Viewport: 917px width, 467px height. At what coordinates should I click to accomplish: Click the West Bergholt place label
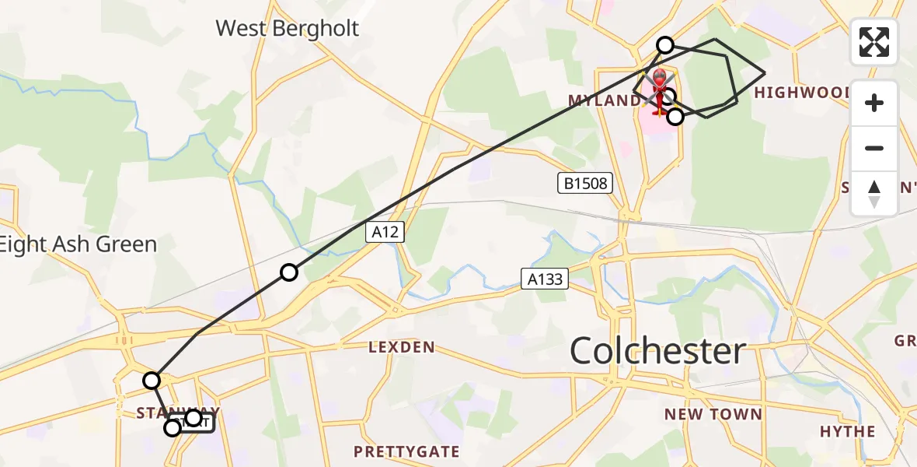tap(287, 29)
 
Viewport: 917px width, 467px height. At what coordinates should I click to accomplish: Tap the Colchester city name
tap(657, 351)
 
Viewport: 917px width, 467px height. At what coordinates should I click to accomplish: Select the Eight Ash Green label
tap(78, 244)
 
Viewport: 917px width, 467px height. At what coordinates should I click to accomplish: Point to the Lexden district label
tap(402, 347)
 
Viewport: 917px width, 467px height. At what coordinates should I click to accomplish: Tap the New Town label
tap(713, 414)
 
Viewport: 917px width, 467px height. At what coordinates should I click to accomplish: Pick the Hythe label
tap(847, 431)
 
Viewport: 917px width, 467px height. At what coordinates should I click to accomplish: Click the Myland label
tap(605, 101)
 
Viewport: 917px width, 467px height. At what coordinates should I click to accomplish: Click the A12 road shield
tap(385, 232)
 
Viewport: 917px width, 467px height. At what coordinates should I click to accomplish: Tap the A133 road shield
tap(545, 278)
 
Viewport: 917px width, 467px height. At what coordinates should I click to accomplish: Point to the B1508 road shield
tap(585, 184)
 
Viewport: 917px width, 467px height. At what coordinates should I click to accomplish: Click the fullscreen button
tap(874, 42)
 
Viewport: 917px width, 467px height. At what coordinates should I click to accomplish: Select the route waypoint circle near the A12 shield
tap(289, 272)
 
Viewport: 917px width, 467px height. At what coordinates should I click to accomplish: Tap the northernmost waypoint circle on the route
tap(665, 45)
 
